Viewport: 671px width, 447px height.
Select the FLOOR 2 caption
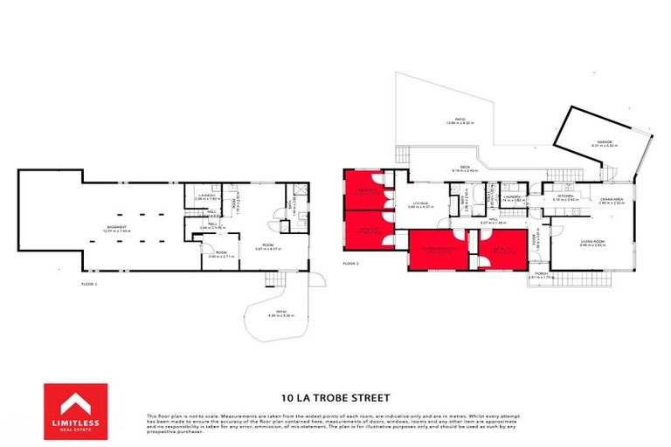tap(351, 262)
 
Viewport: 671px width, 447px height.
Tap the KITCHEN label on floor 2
tap(565, 196)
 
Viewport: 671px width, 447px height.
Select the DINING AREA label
tap(612, 198)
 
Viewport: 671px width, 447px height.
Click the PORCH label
tap(541, 272)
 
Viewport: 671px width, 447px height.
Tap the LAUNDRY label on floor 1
tap(206, 196)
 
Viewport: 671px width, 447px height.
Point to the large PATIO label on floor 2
tap(459, 120)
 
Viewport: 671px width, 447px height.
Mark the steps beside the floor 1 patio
tap(317, 279)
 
